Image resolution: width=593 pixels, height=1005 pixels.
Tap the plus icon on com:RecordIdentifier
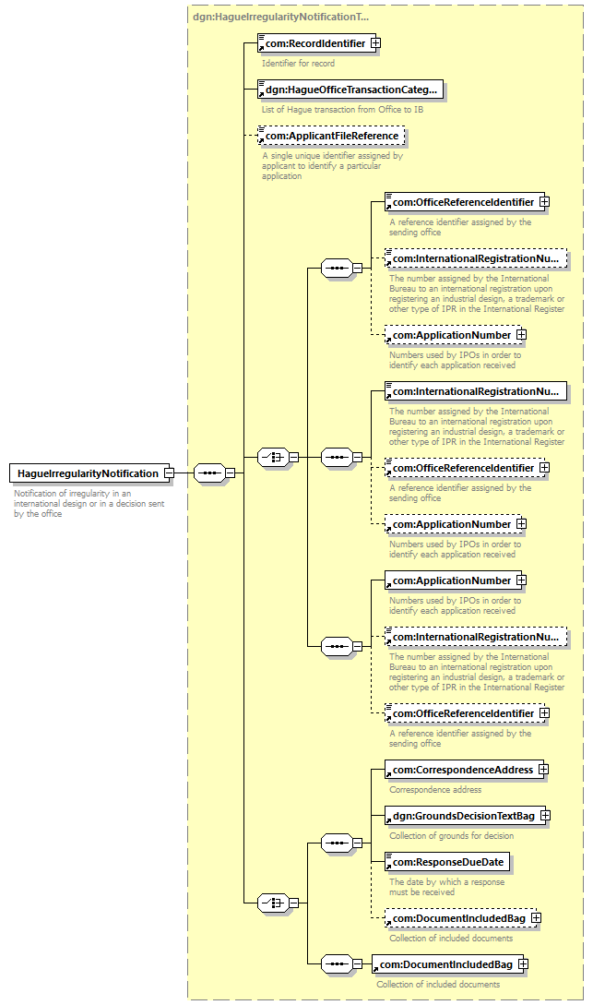375,43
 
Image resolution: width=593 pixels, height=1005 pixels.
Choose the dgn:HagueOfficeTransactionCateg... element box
350,90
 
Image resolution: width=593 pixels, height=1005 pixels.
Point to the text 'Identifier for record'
298,63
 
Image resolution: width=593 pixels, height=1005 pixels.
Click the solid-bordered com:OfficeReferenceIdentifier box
463,202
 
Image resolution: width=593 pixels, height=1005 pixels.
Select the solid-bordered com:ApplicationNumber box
452,580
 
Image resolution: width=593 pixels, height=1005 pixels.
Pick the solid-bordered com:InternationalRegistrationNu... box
476,392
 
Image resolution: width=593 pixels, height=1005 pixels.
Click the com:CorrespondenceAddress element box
462,769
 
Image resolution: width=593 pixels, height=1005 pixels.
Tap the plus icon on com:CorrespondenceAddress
543,769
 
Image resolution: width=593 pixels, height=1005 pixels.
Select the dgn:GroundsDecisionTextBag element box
463,816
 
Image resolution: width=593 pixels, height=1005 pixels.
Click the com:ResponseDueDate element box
447,863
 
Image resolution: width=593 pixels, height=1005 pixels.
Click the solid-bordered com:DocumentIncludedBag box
446,964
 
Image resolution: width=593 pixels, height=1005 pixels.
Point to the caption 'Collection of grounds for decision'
452,836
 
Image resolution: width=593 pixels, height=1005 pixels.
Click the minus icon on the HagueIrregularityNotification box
169,473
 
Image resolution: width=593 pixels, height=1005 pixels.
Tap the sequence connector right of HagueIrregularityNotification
208,473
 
